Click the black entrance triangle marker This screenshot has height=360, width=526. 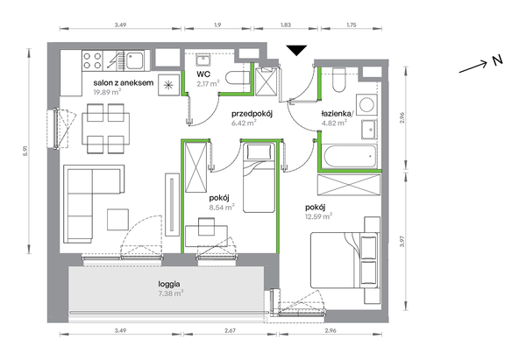click(297, 51)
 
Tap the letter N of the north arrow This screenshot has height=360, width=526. click(498, 60)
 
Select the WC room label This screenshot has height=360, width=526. click(204, 74)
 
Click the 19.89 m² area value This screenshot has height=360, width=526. click(107, 91)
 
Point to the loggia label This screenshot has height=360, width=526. click(169, 285)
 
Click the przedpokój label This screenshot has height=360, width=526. click(252, 114)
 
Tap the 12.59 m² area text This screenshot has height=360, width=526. click(319, 216)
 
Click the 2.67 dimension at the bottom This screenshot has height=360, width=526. click(230, 330)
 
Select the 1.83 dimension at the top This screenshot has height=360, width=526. click(286, 25)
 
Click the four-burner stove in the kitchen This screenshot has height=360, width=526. click(92, 60)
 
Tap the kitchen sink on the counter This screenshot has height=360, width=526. click(135, 60)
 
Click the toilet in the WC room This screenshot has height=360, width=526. click(238, 78)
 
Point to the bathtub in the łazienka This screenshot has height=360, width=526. click(349, 156)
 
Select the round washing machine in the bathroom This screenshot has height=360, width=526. click(366, 104)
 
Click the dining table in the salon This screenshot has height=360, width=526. click(106, 129)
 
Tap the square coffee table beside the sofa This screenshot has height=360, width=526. click(117, 220)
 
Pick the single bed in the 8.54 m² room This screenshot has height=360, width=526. click(259, 178)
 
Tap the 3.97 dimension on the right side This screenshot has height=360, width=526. click(402, 242)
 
